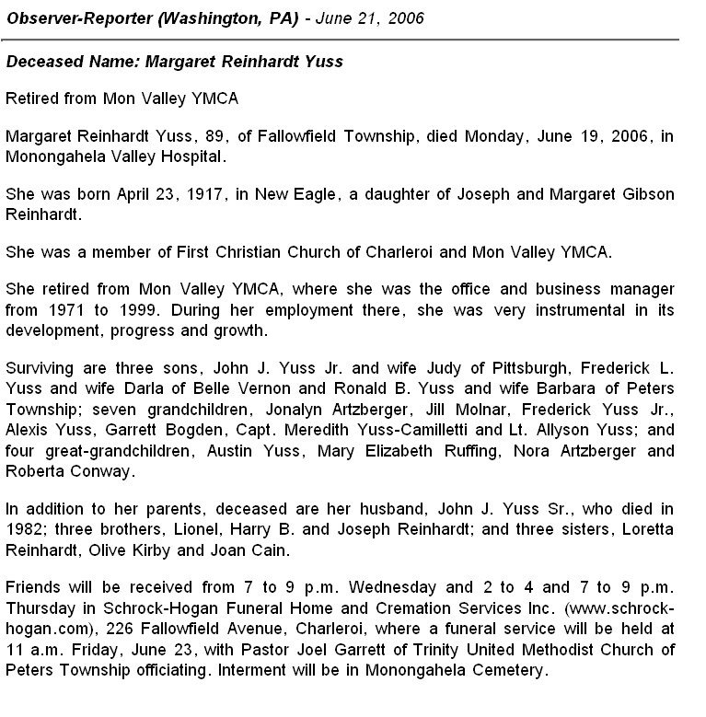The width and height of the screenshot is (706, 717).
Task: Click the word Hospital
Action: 221,156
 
